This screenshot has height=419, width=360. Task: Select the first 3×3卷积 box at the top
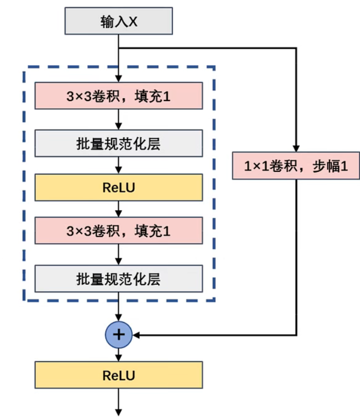[118, 96]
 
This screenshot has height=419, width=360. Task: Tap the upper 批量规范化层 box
[118, 143]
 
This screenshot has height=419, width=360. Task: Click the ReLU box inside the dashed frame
[118, 187]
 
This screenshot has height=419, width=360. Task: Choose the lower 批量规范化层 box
[118, 279]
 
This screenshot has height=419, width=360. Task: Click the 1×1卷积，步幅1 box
[296, 166]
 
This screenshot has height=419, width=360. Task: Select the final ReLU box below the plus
[118, 375]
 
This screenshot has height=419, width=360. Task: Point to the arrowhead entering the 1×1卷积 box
[296, 148]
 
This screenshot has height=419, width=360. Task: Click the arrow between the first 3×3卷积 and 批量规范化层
[119, 119]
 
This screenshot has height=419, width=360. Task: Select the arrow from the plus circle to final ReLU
[119, 354]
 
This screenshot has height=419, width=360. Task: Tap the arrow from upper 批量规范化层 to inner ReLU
[119, 165]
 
